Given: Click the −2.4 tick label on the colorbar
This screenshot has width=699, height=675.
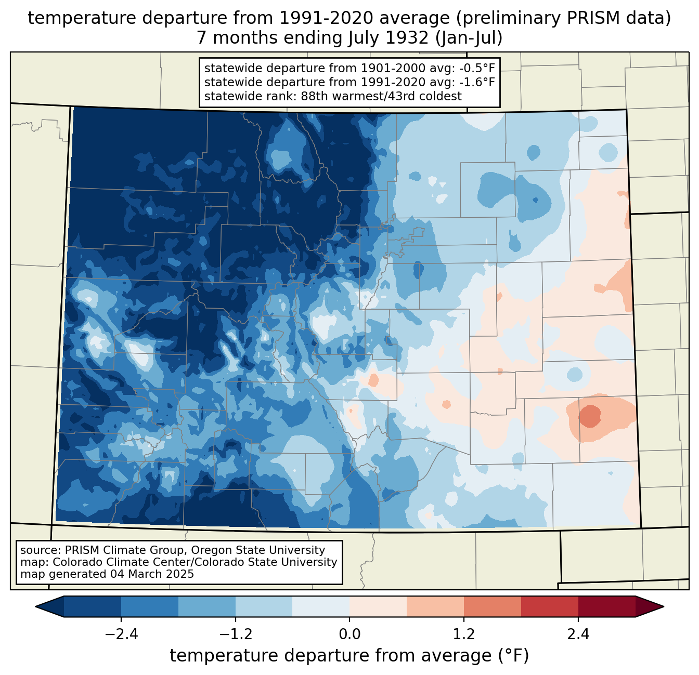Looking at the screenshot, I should pos(121,634).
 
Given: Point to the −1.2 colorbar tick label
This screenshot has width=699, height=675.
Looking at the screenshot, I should pos(235,634).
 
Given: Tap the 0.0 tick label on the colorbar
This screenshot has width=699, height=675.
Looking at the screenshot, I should pos(349,634).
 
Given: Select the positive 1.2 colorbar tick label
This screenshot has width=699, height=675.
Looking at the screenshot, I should pos(464,634).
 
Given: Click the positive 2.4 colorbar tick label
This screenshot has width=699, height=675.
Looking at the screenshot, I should pos(578,634).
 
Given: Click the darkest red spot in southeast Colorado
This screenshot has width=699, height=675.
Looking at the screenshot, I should pos(590,416).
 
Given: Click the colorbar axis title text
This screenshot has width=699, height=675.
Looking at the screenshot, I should pos(349,656).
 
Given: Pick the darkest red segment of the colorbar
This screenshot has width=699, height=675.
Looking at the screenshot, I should pos(606,606).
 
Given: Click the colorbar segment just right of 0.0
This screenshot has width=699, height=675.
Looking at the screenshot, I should pos(378,606).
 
